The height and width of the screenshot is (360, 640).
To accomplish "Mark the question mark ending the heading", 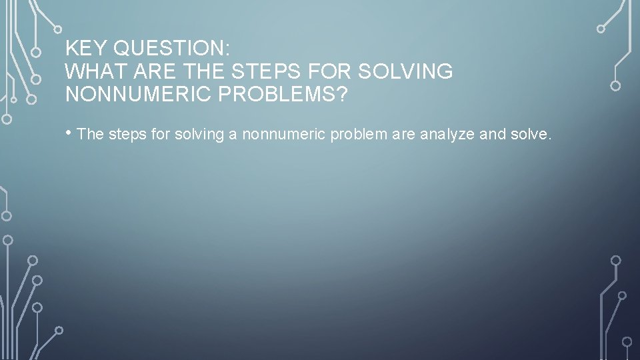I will pyautogui.click(x=342, y=94).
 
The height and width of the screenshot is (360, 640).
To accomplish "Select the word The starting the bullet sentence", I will pyautogui.click(x=91, y=135).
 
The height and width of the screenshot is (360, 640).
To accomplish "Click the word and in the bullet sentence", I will pyautogui.click(x=493, y=135).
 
